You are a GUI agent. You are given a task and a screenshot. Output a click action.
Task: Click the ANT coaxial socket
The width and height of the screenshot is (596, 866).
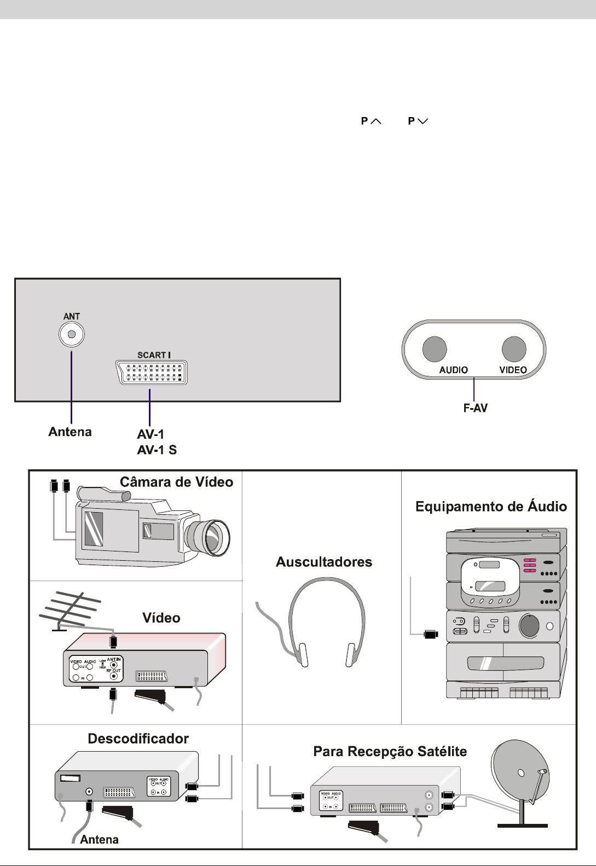72,335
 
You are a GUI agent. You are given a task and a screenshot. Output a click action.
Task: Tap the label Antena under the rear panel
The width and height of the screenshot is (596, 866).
70,432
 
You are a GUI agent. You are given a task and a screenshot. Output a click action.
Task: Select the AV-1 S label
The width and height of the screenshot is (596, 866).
157,450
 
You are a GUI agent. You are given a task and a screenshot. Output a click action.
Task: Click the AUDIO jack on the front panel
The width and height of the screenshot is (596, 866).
435,348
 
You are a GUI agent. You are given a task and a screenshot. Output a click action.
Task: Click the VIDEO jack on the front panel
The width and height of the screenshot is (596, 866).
514,348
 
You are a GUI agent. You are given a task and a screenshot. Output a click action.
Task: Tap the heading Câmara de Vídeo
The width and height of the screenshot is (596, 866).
176,482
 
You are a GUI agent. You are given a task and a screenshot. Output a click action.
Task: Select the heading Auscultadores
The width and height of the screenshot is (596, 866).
324,562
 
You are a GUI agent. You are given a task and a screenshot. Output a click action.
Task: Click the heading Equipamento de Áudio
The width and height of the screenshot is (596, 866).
491,507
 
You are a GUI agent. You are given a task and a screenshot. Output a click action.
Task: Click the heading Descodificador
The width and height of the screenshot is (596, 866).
138,739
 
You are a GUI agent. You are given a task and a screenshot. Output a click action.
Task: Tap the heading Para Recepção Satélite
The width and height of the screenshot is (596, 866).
390,752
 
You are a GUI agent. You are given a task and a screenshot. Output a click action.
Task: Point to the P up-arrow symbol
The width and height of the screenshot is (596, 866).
371,121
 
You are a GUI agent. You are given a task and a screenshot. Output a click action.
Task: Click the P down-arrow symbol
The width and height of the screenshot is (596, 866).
418,121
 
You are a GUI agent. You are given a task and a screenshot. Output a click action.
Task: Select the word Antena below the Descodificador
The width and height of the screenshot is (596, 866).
99,839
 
